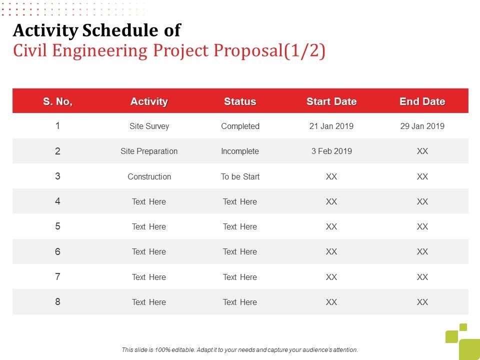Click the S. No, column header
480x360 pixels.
(58, 101)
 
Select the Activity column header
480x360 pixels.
(149, 101)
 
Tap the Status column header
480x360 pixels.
(240, 101)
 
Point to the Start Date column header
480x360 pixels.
(331, 101)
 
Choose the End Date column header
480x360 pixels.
(422, 101)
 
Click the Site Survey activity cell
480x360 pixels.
(149, 126)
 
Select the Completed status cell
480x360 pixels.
(240, 126)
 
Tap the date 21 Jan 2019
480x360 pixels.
(331, 126)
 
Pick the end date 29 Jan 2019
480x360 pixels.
(422, 126)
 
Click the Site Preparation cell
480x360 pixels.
(149, 151)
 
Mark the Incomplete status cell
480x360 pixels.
(240, 151)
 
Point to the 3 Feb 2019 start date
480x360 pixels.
(331, 151)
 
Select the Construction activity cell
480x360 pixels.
(149, 176)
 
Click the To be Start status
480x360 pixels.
(240, 176)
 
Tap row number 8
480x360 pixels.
(58, 301)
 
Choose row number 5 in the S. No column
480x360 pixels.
(58, 226)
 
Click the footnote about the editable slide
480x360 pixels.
(240, 350)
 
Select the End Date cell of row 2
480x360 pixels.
(422, 151)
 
